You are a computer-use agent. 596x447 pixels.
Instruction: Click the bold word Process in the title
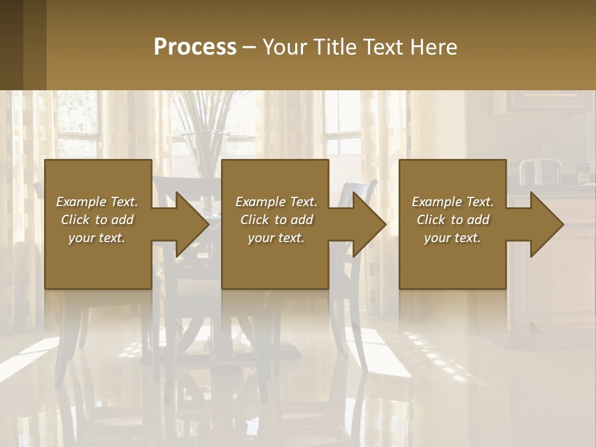point(195,47)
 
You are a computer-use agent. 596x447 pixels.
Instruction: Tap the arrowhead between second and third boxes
point(369,224)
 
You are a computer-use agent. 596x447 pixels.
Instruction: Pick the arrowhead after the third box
point(546,224)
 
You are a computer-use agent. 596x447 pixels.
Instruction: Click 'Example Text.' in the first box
point(97,202)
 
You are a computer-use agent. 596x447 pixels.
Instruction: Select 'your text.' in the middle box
point(276,238)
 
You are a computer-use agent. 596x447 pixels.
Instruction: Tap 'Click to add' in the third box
point(453,220)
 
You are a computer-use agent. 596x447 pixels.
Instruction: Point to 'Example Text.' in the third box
point(453,202)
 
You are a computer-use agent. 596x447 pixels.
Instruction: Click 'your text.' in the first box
point(97,238)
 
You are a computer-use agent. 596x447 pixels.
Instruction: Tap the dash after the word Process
point(250,48)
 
